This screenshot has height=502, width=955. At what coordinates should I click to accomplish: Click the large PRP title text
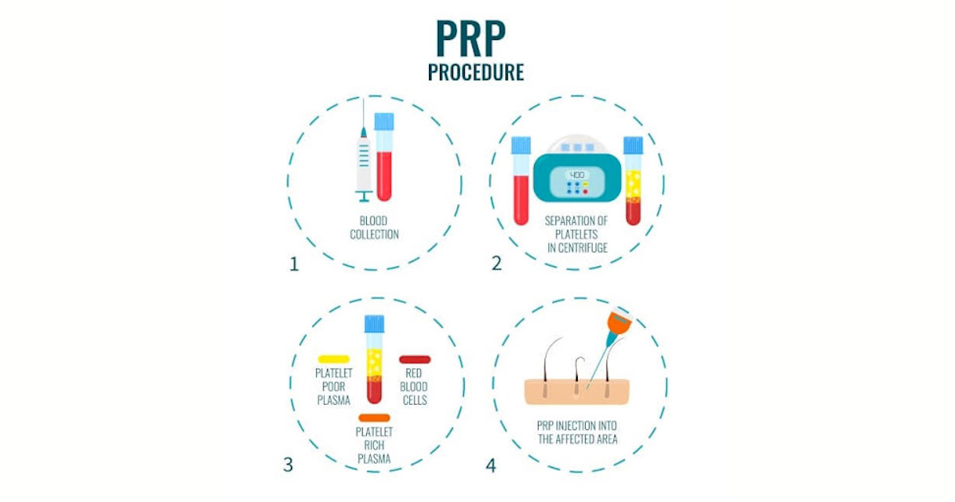(x=476, y=38)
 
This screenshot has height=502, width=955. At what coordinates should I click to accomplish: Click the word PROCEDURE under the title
(x=476, y=73)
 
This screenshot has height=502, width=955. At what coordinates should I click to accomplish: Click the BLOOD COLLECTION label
(x=374, y=228)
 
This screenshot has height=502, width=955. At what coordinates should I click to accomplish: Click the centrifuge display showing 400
(x=577, y=175)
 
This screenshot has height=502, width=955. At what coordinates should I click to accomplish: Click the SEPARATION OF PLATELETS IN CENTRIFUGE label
(x=576, y=233)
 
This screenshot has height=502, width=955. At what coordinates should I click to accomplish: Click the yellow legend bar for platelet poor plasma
(x=333, y=359)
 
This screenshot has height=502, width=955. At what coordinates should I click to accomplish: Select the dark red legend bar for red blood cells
(x=415, y=359)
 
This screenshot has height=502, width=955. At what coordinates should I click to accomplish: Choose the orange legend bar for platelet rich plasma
(x=374, y=418)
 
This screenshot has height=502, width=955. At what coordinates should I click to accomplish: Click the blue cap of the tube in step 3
(x=374, y=323)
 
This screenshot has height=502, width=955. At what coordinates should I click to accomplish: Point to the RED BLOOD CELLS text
(x=414, y=386)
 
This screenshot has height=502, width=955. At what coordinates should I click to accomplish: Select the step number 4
(x=490, y=465)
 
